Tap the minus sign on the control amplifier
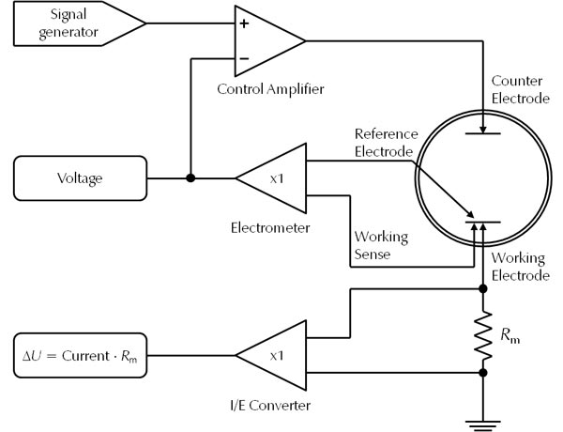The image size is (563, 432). point(244,59)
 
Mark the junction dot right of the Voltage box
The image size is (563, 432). point(190,177)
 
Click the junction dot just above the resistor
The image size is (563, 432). point(483,290)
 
